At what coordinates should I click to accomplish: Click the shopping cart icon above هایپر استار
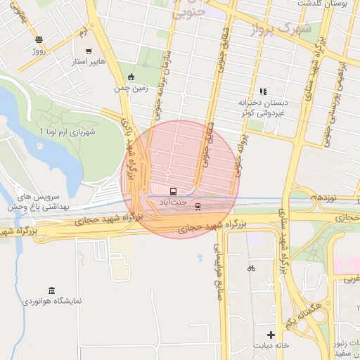(x=89, y=51)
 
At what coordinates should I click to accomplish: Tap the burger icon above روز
(x=38, y=39)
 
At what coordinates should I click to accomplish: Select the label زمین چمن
(x=131, y=89)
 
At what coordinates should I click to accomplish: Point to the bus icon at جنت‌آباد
(x=173, y=191)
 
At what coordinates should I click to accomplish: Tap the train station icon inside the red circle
(x=198, y=206)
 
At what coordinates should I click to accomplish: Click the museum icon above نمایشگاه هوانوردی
(x=51, y=290)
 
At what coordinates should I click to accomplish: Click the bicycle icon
(x=251, y=268)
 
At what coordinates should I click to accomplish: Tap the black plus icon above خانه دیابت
(x=271, y=334)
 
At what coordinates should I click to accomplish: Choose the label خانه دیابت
(x=271, y=346)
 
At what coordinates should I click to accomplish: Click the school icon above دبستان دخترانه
(x=263, y=91)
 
